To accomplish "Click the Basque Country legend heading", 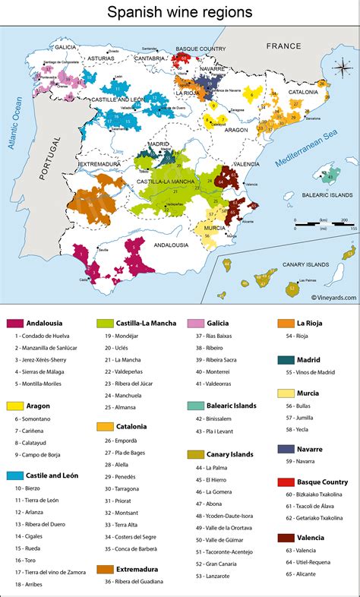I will point(323,482).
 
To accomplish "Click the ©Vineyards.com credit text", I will point(333,298).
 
